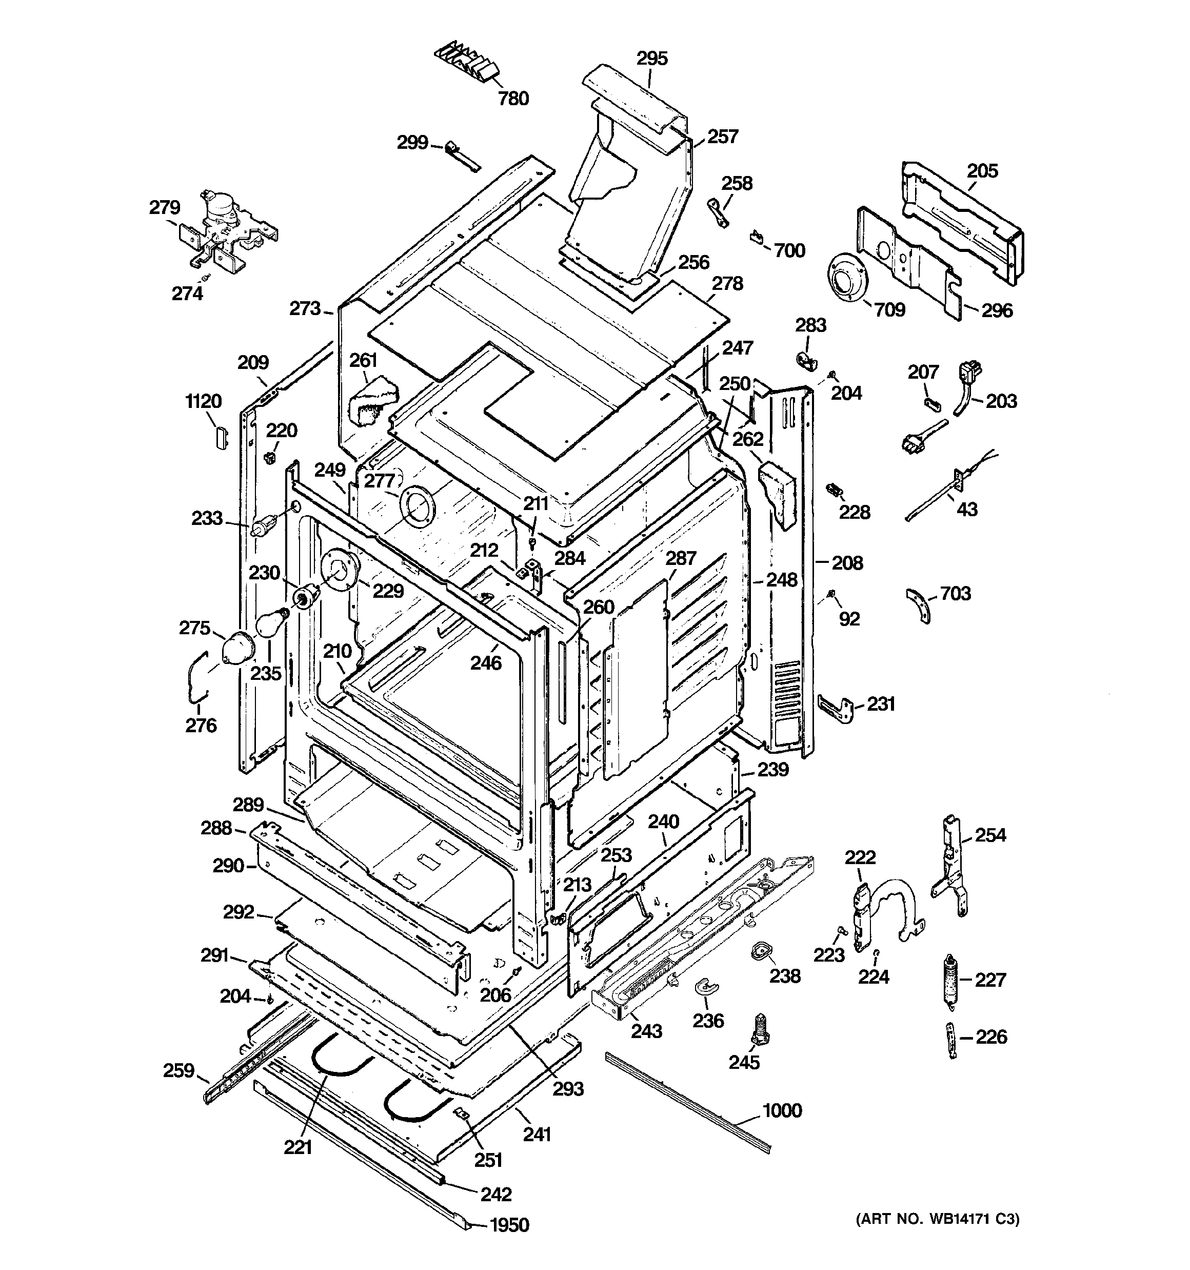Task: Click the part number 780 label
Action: coord(513,99)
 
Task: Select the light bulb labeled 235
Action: coord(269,623)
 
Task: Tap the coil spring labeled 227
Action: coord(952,980)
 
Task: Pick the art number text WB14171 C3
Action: coord(937,1219)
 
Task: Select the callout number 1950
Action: coord(509,1225)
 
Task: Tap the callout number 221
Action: coord(297,1147)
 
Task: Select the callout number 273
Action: coord(305,308)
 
